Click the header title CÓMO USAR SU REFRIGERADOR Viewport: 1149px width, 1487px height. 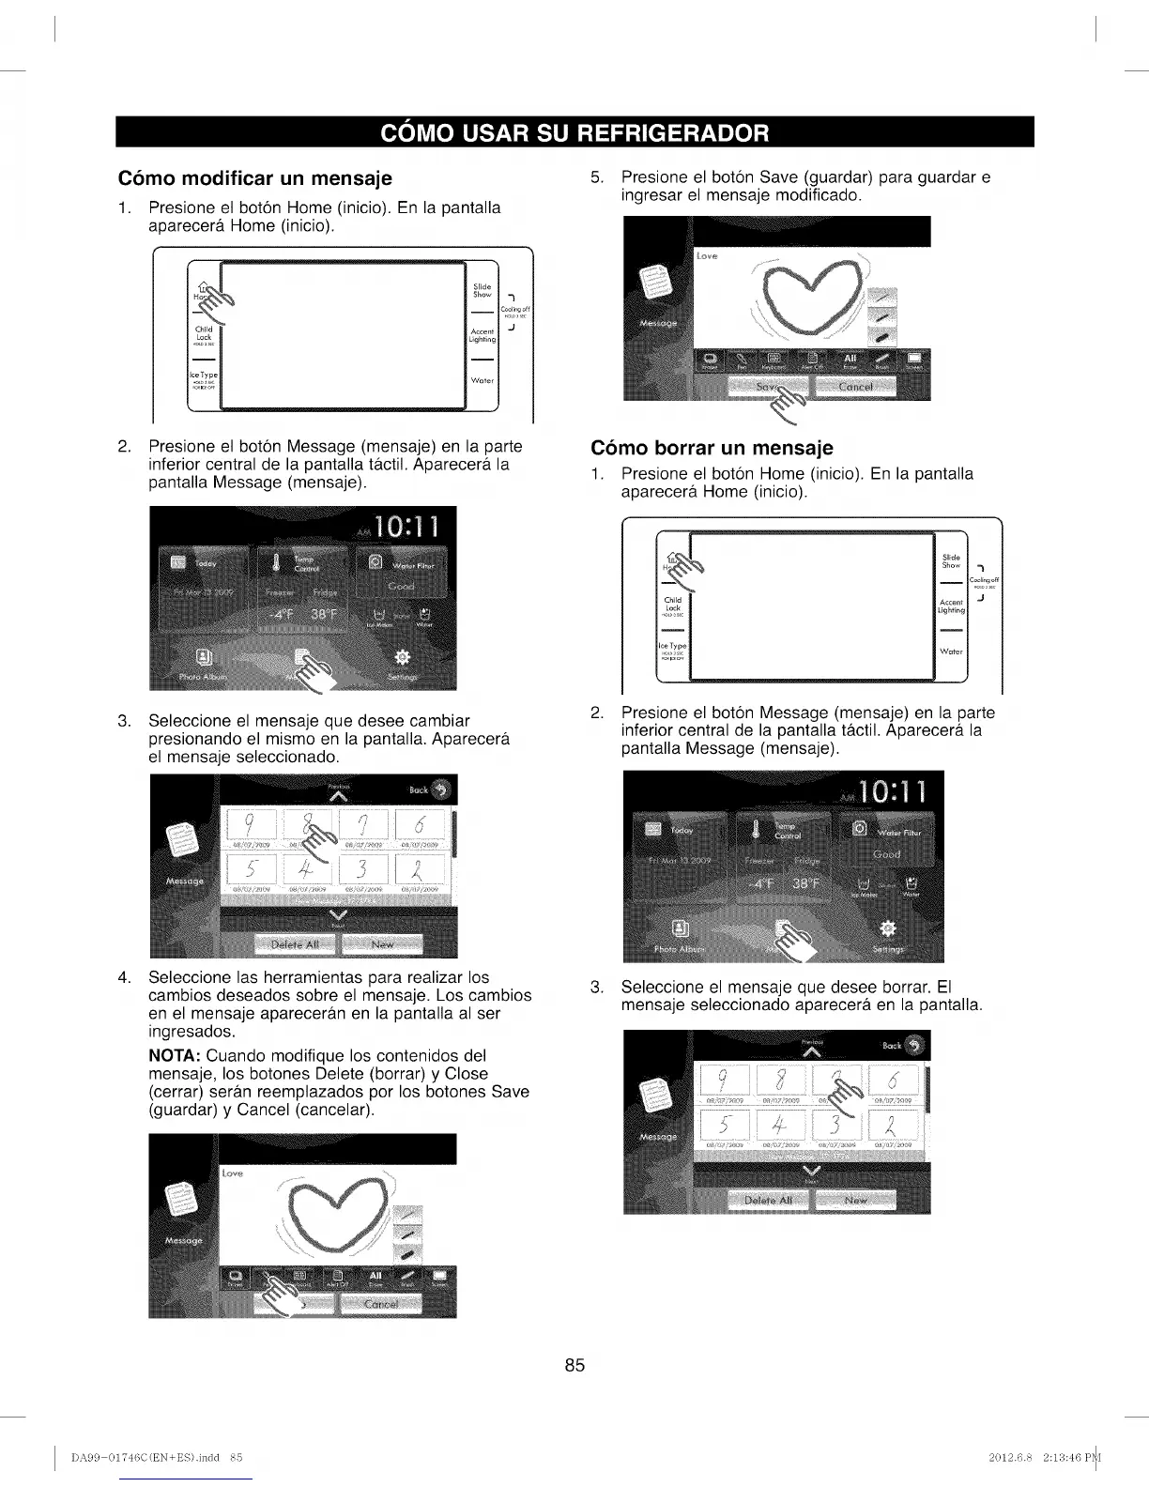pos(574,132)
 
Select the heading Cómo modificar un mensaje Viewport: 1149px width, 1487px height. pos(254,178)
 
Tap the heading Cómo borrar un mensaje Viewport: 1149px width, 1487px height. pos(712,447)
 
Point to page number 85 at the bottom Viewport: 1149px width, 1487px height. pos(574,1365)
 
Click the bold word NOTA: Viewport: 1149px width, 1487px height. pos(176,1056)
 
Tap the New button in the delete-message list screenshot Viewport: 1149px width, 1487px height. pos(856,1201)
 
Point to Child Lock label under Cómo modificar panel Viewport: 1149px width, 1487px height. pos(204,334)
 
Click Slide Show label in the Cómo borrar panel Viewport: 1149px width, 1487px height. pos(951,561)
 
